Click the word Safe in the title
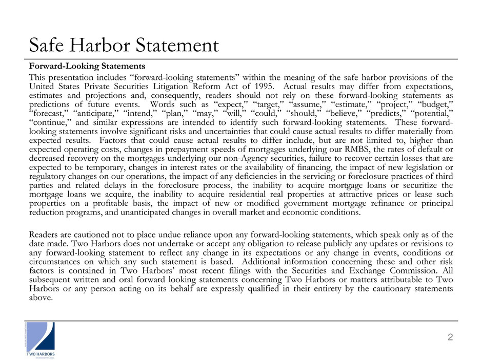46,46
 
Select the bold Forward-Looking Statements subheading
87,66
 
